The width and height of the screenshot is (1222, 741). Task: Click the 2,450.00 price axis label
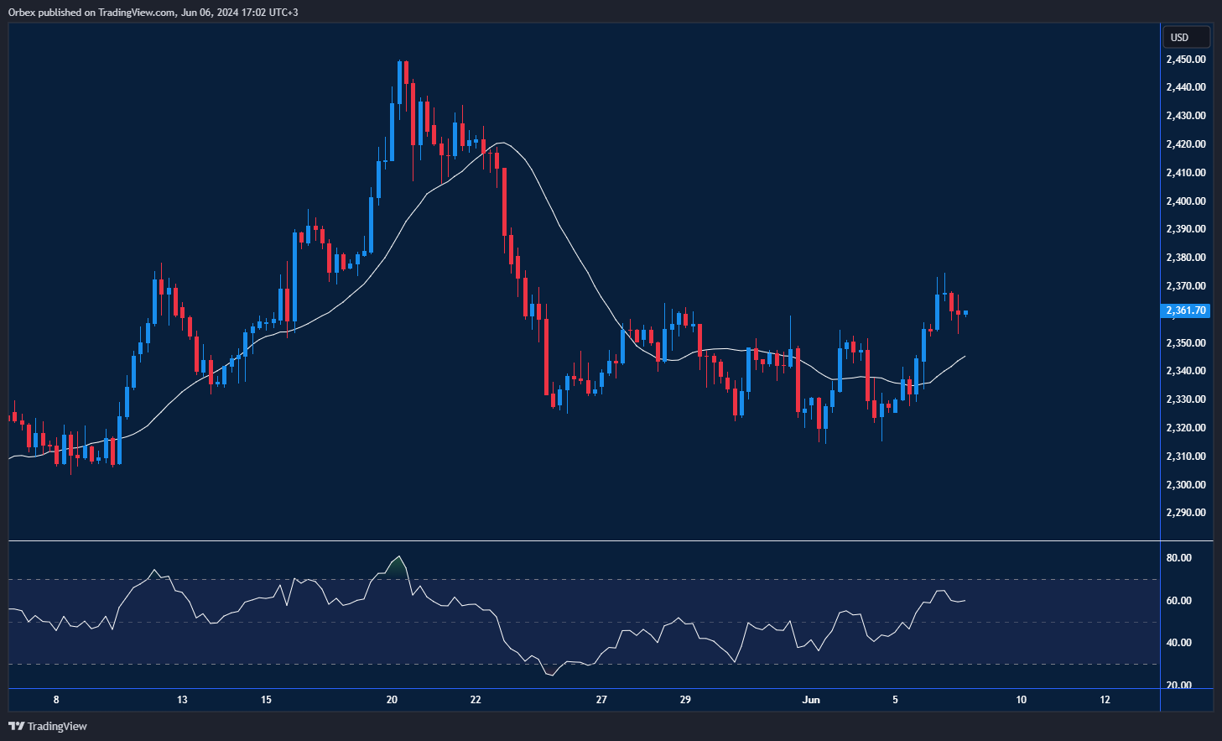[1185, 60]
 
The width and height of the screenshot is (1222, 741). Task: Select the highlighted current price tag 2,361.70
[1185, 310]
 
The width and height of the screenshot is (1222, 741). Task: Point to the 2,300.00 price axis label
[1185, 485]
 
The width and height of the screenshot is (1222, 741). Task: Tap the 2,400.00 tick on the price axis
[1185, 201]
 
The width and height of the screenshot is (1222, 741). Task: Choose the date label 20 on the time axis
[392, 700]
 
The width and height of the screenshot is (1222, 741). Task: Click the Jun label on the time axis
[811, 700]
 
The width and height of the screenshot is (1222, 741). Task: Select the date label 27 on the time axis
[601, 700]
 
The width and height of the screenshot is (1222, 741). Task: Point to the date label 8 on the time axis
[56, 700]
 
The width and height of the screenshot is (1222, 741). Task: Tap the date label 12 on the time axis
[1105, 700]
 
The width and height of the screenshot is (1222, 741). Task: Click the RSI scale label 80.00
[1178, 558]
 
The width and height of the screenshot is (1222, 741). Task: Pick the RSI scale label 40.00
[1178, 643]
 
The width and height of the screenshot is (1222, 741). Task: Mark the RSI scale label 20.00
[1178, 686]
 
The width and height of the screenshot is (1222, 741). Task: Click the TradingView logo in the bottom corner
[48, 726]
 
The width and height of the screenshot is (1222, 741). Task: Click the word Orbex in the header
[22, 13]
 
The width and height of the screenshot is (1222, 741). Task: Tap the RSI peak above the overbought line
[399, 557]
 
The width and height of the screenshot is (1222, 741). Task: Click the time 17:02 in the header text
[244, 13]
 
